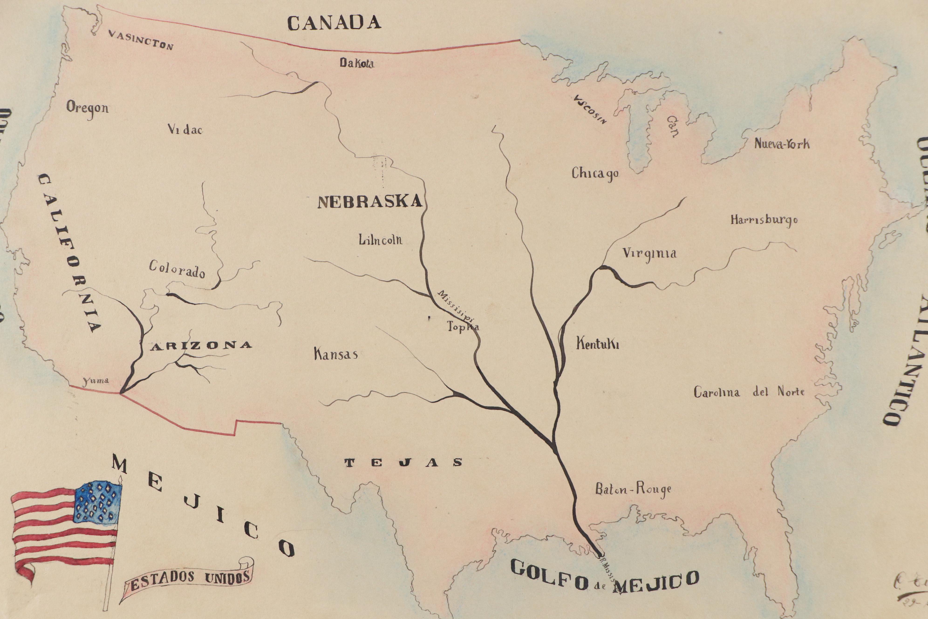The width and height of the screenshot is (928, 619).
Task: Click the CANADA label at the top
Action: pos(334,23)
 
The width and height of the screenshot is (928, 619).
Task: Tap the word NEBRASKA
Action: pos(370,202)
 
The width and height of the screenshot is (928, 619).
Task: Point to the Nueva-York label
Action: pos(782,143)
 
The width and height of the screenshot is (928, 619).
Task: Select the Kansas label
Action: pos(336,354)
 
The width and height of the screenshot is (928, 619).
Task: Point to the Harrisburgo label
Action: pos(764,220)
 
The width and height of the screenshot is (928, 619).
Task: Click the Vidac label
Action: pos(185,130)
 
